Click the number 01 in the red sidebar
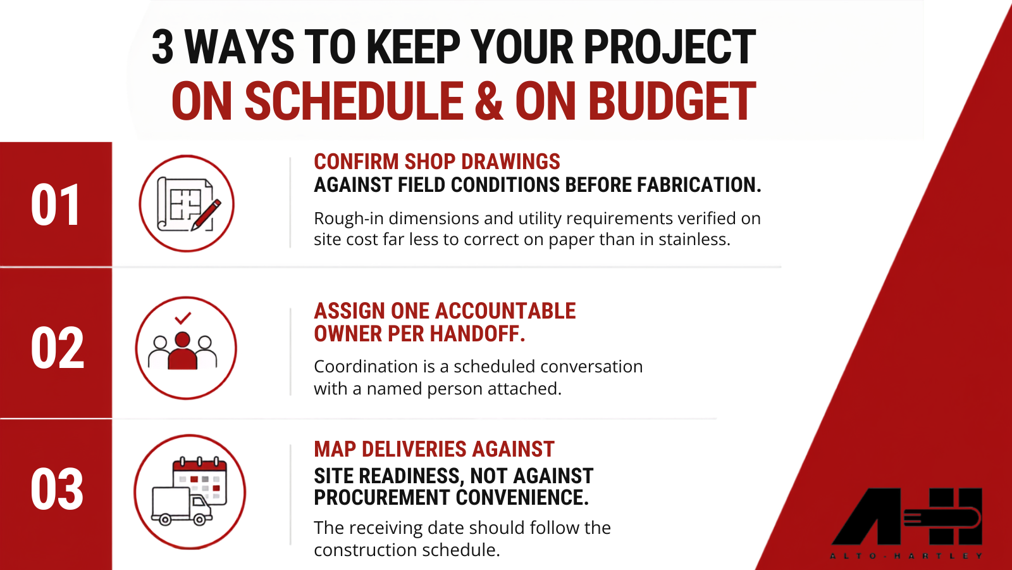[56, 205]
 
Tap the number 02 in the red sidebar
[58, 348]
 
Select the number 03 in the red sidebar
[57, 489]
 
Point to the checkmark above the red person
[183, 318]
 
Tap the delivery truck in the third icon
[181, 506]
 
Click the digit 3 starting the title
[163, 47]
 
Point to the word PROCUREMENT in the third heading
[382, 497]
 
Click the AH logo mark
[907, 516]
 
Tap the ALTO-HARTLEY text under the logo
[906, 556]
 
